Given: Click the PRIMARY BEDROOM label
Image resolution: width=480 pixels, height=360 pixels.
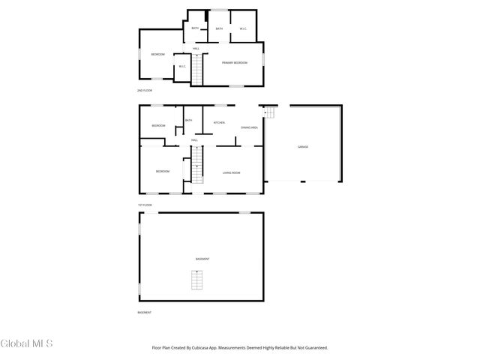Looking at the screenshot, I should coord(235,62).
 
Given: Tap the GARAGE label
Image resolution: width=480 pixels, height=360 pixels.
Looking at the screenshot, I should coord(302,146).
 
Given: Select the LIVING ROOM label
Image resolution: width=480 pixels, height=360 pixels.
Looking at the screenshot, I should coord(231,172).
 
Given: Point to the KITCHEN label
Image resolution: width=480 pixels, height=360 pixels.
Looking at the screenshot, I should coord(220,122).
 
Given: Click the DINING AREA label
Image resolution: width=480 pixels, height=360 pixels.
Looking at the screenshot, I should coord(250,127).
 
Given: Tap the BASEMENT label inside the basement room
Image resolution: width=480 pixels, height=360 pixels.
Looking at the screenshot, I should coord(202,259).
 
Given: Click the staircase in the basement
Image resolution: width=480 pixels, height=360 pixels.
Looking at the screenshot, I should coord(197,280).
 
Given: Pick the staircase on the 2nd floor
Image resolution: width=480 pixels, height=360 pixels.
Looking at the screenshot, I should coord(198,72).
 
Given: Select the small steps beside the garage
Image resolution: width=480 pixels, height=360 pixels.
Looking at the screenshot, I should coord(270,112).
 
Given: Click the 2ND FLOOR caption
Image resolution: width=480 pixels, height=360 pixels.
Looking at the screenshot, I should coord(145,91).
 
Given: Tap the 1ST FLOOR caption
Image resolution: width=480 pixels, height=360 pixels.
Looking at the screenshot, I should coord(145,205).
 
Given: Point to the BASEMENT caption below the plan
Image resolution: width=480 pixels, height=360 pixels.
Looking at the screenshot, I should coord(145,312).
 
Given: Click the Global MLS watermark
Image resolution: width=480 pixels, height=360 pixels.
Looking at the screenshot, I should coord(27,344).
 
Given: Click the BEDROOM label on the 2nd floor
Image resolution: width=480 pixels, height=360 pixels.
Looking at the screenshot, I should coord(157,54).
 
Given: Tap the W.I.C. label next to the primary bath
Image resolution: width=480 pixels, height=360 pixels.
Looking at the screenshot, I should coord(243,28).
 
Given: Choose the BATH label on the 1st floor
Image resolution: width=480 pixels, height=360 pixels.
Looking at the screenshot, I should coord(188,120).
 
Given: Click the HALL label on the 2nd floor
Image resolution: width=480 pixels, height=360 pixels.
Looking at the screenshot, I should coord(196,49).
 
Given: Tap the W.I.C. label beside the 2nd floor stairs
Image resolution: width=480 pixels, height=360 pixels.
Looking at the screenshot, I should coord(182,67).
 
